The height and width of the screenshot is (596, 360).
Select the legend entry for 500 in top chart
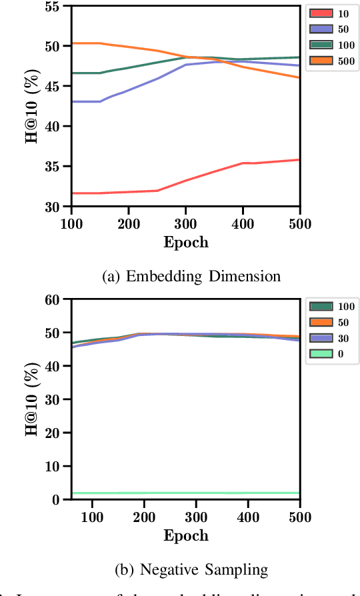pos(332,61)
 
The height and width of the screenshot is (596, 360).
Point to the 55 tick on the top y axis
pos(59,6)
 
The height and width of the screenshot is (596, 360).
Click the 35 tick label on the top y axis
pos(59,167)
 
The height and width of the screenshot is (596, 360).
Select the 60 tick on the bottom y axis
pos(59,299)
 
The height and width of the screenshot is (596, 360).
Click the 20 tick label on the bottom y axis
pos(59,433)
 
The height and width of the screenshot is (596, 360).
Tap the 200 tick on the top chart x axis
pos(128,221)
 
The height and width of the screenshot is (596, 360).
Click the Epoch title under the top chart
pos(186,242)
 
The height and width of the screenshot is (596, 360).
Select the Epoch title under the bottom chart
pos(186,535)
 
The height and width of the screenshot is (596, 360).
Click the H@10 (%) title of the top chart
pos(32,107)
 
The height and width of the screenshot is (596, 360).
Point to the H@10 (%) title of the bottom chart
pos(32,399)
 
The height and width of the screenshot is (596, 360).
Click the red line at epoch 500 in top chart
pos(298,160)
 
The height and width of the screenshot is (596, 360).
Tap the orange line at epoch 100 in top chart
pos(73,43)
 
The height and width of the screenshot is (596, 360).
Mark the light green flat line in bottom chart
pos(187,493)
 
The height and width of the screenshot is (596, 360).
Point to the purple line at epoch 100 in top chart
pos(73,101)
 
